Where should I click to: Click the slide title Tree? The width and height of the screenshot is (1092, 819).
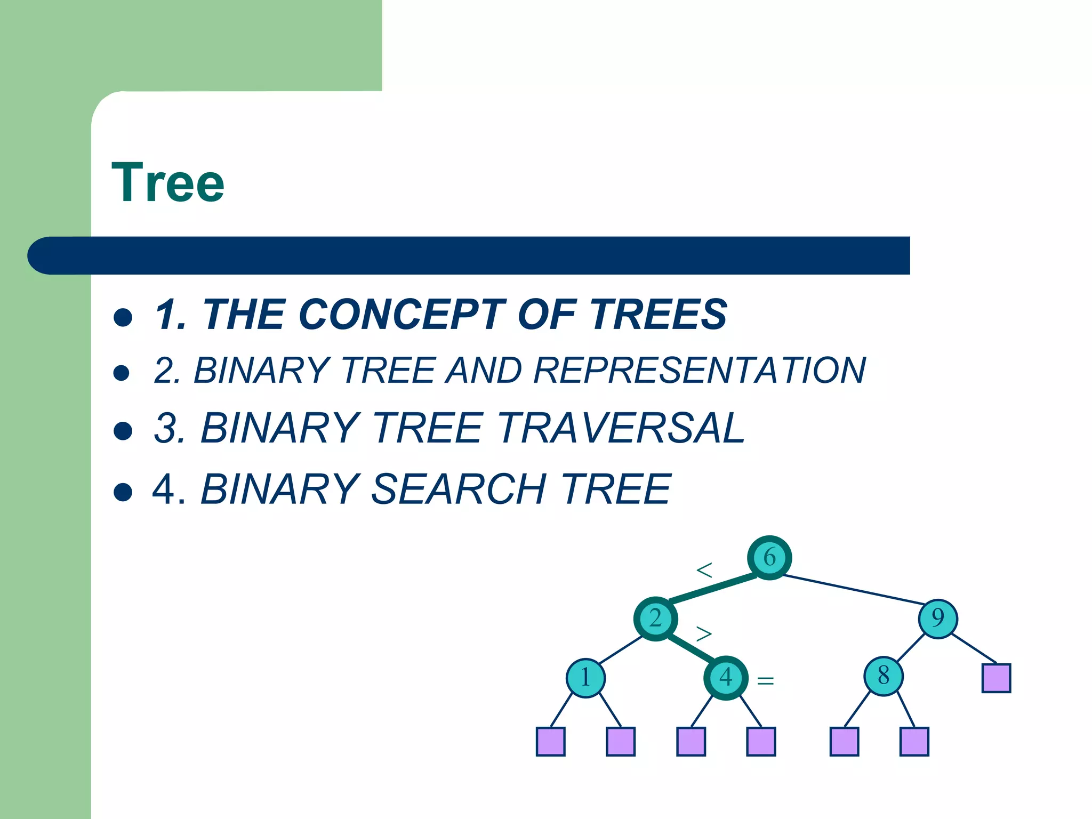tap(168, 183)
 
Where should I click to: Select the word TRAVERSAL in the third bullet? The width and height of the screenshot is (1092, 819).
tap(622, 428)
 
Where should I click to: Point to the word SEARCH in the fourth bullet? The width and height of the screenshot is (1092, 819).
tap(459, 489)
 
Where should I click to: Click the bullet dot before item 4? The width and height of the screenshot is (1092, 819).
tap(123, 492)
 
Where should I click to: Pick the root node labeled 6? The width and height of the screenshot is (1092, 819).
tap(769, 558)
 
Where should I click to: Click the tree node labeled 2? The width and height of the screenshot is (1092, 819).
tap(655, 619)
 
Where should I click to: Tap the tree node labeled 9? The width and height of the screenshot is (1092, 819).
tap(938, 619)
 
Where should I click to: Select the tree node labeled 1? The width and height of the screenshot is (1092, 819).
tap(585, 678)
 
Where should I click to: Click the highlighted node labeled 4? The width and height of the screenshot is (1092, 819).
tap(726, 678)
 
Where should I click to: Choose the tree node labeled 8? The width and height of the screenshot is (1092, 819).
tap(883, 676)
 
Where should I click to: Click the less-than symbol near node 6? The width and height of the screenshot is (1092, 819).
tap(704, 571)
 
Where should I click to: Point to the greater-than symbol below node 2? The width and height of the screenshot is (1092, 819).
tap(704, 634)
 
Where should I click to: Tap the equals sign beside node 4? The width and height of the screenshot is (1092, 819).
tap(765, 681)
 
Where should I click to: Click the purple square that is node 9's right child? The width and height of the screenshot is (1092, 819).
tap(996, 678)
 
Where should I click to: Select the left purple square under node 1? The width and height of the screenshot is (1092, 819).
tap(550, 742)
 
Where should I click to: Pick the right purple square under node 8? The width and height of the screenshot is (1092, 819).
tap(914, 742)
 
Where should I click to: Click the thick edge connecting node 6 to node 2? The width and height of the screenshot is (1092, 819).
tap(712, 589)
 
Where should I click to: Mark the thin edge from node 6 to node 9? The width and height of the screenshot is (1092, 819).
tap(853, 589)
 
